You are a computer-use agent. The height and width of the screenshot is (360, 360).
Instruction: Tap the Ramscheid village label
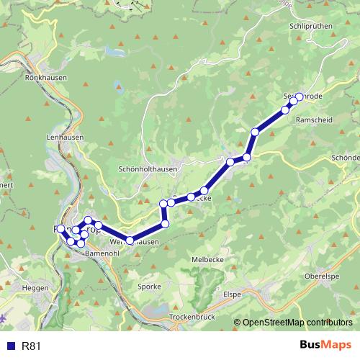coord(315,121)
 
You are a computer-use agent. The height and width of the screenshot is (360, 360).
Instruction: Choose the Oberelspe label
coord(323,276)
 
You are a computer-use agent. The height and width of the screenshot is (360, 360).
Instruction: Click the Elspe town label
coord(232,294)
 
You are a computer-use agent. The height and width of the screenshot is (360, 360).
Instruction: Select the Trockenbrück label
coord(194,317)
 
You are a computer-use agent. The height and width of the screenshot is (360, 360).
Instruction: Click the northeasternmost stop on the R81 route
coord(299,97)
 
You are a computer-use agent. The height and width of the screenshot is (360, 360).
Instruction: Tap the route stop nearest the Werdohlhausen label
coord(130,240)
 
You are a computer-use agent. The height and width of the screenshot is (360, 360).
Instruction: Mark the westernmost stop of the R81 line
coord(60,229)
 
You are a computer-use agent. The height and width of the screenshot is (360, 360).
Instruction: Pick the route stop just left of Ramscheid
coord(284,110)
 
